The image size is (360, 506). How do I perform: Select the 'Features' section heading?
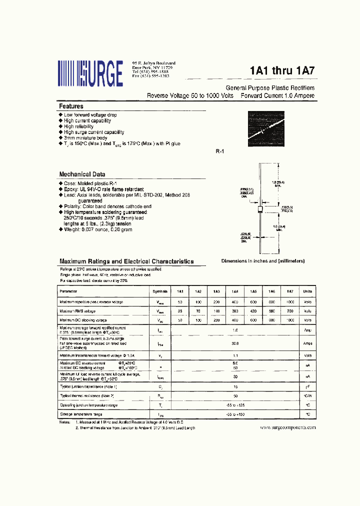pyautogui.click(x=71, y=106)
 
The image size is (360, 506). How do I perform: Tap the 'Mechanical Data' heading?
pyautogui.click(x=82, y=174)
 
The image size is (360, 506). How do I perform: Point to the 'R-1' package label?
pyautogui.click(x=218, y=151)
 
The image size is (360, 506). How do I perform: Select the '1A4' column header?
pyautogui.click(x=234, y=291)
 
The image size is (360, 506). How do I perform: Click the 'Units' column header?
pyautogui.click(x=307, y=291)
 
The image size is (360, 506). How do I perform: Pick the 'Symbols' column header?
pyautogui.click(x=160, y=291)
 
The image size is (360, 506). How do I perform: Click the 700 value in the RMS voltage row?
pyautogui.click(x=289, y=311)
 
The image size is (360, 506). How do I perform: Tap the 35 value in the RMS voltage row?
pyautogui.click(x=180, y=311)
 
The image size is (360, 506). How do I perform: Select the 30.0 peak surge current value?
pyautogui.click(x=235, y=343)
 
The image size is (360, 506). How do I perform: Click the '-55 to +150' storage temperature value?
pyautogui.click(x=235, y=414)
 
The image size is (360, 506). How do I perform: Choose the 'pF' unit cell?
pyautogui.click(x=307, y=386)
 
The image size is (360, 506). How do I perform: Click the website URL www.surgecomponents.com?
pyautogui.click(x=288, y=428)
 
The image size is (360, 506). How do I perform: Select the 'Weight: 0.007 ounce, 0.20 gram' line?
pyautogui.click(x=97, y=229)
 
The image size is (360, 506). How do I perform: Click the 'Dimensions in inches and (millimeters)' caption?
pyautogui.click(x=263, y=261)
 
